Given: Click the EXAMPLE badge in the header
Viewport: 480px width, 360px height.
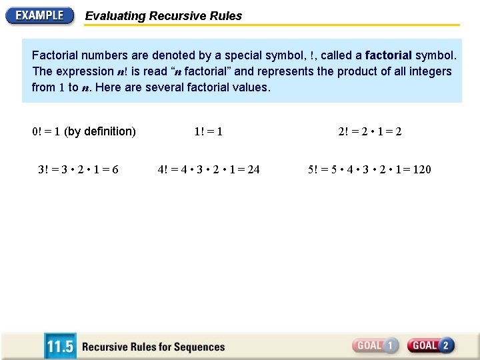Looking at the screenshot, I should coord(40,15).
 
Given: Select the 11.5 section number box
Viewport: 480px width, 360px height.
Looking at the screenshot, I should coord(60,347).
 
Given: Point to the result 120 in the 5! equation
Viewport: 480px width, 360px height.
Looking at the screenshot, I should coord(422,169).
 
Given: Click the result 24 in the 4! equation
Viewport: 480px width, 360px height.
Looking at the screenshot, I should coord(253,169).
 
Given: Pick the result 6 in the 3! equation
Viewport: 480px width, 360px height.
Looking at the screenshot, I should coord(115,169).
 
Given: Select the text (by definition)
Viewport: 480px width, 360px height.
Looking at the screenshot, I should coord(100,131).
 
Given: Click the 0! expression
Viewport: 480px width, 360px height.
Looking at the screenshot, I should coord(37,131).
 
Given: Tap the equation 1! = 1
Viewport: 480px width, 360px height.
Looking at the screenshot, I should coord(208,131).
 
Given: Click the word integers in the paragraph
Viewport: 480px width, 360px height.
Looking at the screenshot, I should coord(429,71).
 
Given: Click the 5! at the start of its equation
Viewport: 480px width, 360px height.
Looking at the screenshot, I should coord(314,169).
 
